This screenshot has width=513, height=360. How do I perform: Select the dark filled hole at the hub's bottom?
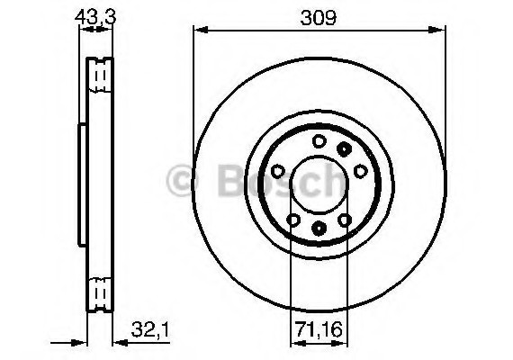319,229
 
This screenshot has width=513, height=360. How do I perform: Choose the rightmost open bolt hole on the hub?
360,171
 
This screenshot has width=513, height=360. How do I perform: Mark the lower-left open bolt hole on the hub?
293,219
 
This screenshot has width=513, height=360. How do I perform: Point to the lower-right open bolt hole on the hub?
344,219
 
